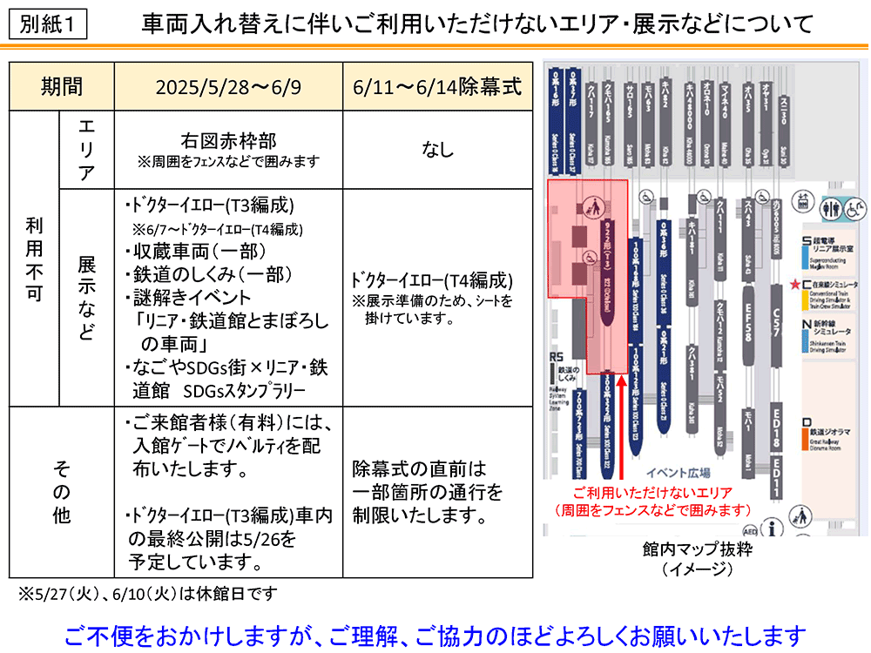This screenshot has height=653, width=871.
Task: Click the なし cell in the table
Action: point(437,150)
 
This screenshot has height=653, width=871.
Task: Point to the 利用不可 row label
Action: point(33,258)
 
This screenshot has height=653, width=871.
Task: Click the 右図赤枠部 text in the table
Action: point(228,140)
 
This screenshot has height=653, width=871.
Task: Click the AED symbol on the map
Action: point(748,528)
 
